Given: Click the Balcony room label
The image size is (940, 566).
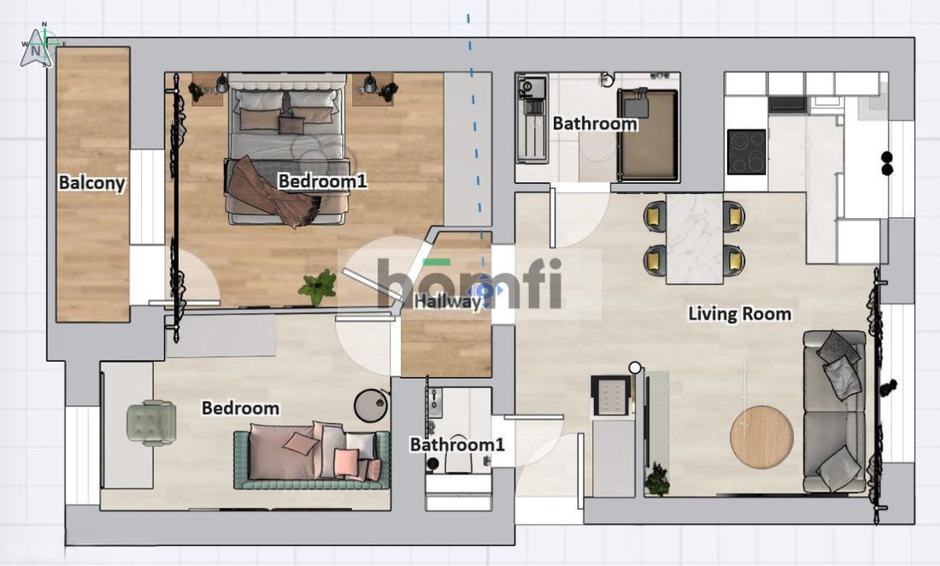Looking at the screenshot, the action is [x=91, y=183].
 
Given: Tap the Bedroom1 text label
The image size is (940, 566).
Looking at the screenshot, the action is [x=322, y=180].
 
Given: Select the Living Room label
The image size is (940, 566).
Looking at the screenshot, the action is [x=739, y=314].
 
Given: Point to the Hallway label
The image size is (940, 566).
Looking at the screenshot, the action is [x=448, y=301].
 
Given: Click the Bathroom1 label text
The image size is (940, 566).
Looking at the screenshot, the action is [x=457, y=445].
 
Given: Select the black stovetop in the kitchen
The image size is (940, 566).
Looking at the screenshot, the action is [x=746, y=151].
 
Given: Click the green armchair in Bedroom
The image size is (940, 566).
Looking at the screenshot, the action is [x=151, y=423].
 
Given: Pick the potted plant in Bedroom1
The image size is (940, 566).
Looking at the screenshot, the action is [x=318, y=286].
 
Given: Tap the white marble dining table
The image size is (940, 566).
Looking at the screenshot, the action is [x=694, y=238].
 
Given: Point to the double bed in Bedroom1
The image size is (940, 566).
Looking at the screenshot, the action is [x=286, y=150].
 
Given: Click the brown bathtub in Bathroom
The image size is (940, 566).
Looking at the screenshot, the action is [x=648, y=134].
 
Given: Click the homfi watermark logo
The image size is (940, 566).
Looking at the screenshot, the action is [x=469, y=283].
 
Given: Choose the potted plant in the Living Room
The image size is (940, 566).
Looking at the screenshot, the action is [x=658, y=479].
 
